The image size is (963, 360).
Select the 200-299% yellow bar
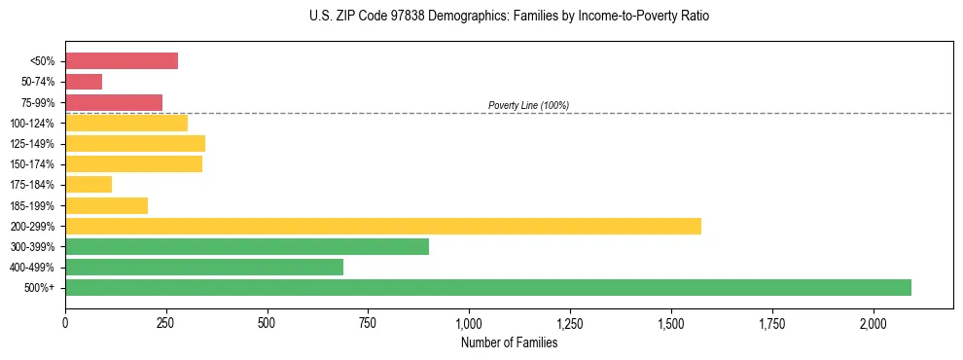click(x=383, y=226)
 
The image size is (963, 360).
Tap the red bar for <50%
click(x=122, y=61)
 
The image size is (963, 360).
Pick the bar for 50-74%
click(x=84, y=82)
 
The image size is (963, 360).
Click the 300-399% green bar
click(x=247, y=246)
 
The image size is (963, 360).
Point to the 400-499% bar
click(x=204, y=267)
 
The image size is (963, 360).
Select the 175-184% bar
click(x=89, y=185)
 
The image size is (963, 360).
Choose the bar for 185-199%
click(x=107, y=205)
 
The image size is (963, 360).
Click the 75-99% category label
click(x=37, y=103)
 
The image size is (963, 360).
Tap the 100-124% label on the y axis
click(x=33, y=124)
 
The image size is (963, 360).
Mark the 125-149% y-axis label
click(x=33, y=144)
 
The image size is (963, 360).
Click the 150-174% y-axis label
click(x=33, y=164)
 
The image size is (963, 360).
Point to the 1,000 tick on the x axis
click(x=469, y=322)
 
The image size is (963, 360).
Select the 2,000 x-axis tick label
click(x=874, y=322)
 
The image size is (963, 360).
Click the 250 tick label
click(x=166, y=322)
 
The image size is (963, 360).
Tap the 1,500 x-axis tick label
click(x=671, y=322)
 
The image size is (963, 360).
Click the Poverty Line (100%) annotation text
click(x=528, y=105)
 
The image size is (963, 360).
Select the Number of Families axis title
click(x=509, y=342)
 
